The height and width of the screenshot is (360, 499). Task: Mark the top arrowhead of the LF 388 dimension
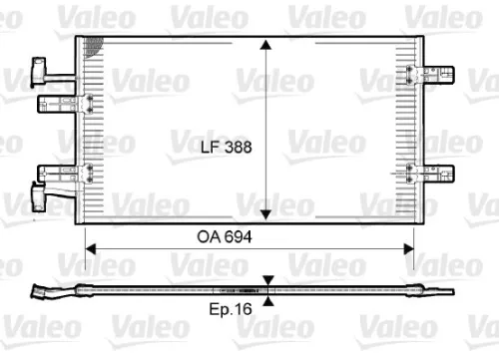[x=266, y=46]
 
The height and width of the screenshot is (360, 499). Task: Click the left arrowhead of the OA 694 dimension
[x=91, y=243]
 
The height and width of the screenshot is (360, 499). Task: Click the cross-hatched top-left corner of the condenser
[x=94, y=45]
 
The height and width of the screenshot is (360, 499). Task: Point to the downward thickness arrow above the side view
[x=267, y=281]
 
